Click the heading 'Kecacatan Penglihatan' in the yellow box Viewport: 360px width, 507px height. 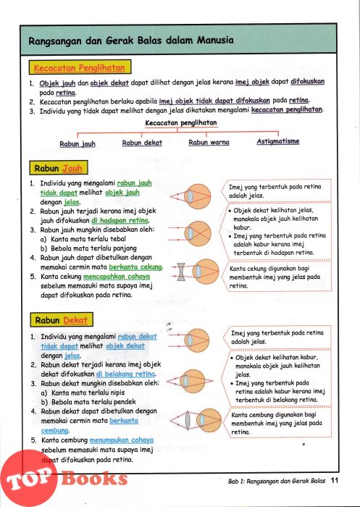pos(80,68)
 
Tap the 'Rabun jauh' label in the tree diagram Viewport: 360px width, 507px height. pos(78,144)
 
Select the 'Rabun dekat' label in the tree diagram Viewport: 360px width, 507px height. pos(142,143)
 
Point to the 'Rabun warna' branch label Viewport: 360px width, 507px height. pos(209,142)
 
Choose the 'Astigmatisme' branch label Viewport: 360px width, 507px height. pos(278,141)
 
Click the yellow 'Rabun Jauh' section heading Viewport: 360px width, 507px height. pos(59,169)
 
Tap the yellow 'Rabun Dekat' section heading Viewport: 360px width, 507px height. pos(62,320)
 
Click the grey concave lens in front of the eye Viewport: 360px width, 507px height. pos(181,272)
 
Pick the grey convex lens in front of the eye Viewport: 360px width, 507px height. pos(188,421)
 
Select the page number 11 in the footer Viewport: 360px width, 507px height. pos(335,480)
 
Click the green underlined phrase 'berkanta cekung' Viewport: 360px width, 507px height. pos(135,267)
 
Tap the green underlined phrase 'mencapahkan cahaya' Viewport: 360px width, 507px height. pos(117,277)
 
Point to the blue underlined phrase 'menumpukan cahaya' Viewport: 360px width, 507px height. pos(121,440)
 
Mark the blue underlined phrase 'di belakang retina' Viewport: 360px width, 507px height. pos(126,374)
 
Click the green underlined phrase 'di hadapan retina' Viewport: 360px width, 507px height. pos(120,220)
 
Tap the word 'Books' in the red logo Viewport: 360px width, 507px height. pos(94,478)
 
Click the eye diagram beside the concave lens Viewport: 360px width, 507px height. pos(206,272)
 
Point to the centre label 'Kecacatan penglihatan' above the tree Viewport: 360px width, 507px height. pos(181,123)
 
